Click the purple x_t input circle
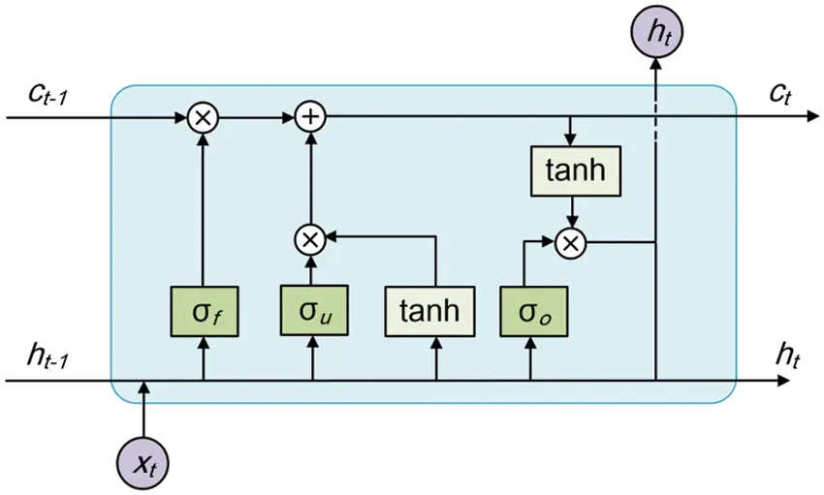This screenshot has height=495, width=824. coord(143,463)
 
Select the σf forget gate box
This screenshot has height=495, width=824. coord(204,311)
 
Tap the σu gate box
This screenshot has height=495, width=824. coord(312,311)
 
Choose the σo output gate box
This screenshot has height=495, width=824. coord(530,311)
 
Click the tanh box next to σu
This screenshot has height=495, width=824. coord(434,311)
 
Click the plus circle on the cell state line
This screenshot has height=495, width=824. coord(311,117)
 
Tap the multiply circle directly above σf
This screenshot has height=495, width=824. coord(204,117)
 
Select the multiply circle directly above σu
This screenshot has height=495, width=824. coord(311,238)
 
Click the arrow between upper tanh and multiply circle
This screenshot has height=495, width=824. coord(573,210)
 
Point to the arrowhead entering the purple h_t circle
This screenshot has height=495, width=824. coord(657,65)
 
